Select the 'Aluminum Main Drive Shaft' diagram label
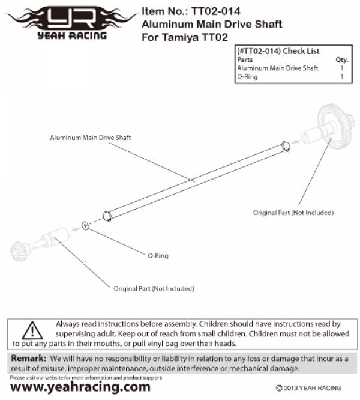(x=90, y=138)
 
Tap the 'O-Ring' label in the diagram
(x=158, y=255)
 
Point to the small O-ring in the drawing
(x=85, y=226)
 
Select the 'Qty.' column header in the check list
(x=342, y=59)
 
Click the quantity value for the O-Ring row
(x=342, y=77)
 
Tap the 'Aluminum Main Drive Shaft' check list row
(x=277, y=68)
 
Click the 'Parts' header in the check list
(x=245, y=59)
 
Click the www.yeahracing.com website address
(x=80, y=387)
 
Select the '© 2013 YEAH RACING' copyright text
(x=308, y=388)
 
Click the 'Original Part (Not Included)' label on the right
(x=293, y=213)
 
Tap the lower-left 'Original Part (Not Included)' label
(x=154, y=288)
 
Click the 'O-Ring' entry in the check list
(x=247, y=77)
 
